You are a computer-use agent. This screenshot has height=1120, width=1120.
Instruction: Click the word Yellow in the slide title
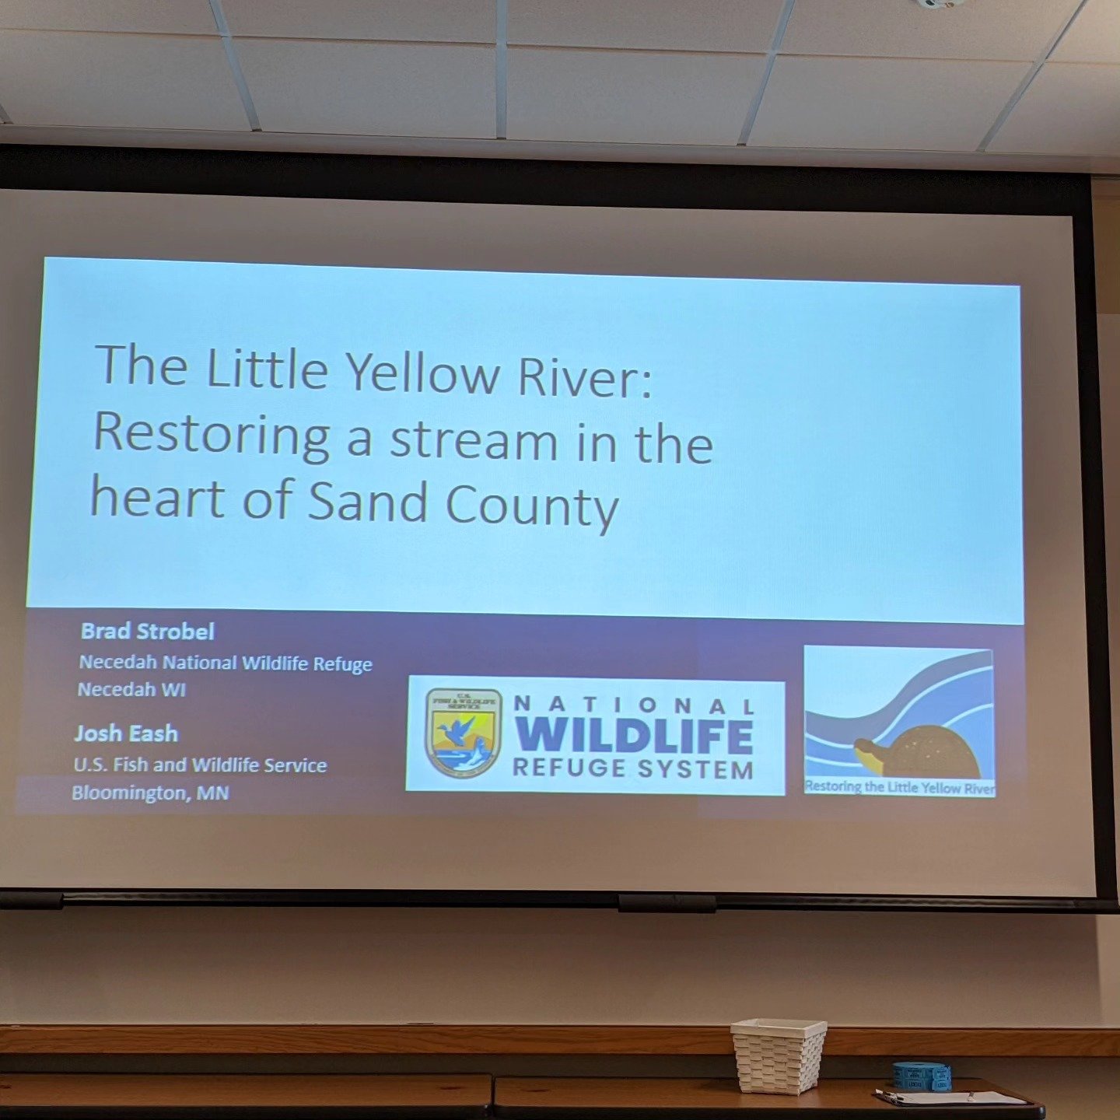(422, 373)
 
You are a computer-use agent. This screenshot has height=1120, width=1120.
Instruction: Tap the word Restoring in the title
(212, 436)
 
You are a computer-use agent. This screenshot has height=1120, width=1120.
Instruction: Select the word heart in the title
(157, 498)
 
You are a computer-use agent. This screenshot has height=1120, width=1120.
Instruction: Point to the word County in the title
(532, 506)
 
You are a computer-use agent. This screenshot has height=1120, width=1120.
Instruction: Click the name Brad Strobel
(148, 631)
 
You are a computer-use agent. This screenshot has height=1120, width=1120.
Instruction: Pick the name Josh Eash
(126, 733)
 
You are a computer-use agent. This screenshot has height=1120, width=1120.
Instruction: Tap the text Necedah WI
(131, 689)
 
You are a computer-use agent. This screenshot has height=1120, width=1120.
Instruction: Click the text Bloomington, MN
(150, 793)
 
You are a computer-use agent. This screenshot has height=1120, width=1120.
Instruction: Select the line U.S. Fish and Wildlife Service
(200, 765)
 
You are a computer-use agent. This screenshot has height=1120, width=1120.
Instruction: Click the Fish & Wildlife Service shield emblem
(464, 732)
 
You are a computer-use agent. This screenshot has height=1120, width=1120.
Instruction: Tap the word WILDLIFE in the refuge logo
(634, 735)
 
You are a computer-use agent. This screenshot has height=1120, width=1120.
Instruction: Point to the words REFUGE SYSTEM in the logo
(633, 769)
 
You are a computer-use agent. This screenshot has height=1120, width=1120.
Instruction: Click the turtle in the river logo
(918, 751)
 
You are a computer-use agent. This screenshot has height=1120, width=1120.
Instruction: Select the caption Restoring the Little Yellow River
(899, 787)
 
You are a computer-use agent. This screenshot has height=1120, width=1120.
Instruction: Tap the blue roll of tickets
(922, 1076)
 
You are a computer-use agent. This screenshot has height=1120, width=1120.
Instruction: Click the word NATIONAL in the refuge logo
(634, 705)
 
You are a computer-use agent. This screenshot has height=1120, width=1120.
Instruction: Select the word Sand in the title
(368, 502)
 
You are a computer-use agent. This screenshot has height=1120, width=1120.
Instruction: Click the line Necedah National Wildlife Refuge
(226, 663)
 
